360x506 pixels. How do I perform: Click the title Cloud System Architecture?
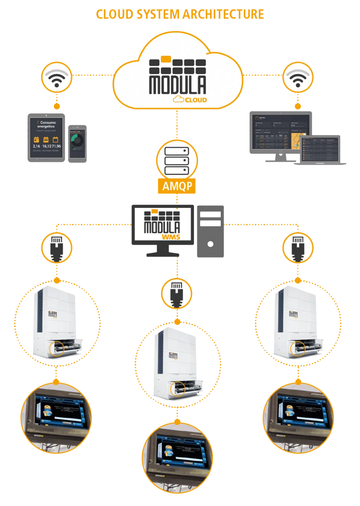click(180, 14)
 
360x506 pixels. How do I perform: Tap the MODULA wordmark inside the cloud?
click(178, 84)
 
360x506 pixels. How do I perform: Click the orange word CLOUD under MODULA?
click(195, 100)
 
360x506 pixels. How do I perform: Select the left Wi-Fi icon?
click(57, 77)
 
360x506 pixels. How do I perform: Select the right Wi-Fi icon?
click(297, 77)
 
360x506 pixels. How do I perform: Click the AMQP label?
click(177, 186)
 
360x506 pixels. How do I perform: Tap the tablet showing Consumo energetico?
click(46, 138)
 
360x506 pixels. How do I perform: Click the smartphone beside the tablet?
click(78, 141)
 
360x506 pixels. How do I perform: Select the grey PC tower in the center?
click(211, 232)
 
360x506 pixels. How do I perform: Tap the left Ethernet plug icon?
click(57, 248)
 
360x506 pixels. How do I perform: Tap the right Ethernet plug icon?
click(297, 248)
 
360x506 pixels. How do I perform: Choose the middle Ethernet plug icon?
click(177, 293)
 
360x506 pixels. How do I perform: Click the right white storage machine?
click(297, 322)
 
